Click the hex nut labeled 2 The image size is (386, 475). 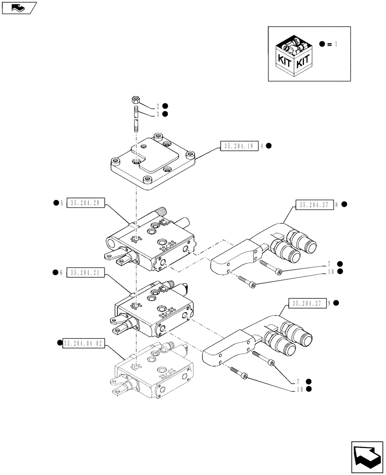135,100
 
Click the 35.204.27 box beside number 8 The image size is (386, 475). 314,205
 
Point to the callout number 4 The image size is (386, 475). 262,146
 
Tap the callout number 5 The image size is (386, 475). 62,203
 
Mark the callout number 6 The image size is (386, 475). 62,273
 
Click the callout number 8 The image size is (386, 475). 337,205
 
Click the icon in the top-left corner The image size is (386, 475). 19,8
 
